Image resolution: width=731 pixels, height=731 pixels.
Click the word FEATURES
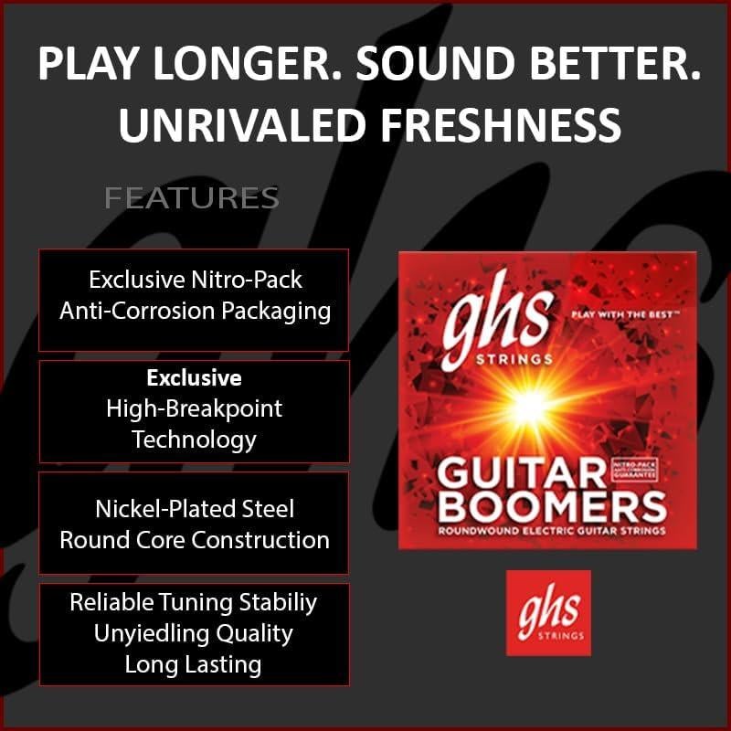click(x=192, y=197)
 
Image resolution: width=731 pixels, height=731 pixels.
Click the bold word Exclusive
click(x=194, y=377)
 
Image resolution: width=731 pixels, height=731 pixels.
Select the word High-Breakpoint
click(x=194, y=408)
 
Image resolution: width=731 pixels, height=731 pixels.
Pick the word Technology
click(x=194, y=440)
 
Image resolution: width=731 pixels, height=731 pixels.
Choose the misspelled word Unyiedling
click(x=152, y=633)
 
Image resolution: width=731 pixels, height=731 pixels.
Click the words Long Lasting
click(x=194, y=664)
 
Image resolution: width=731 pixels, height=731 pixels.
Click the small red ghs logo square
click(x=548, y=612)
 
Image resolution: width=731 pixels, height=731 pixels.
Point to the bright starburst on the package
click(x=528, y=406)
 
